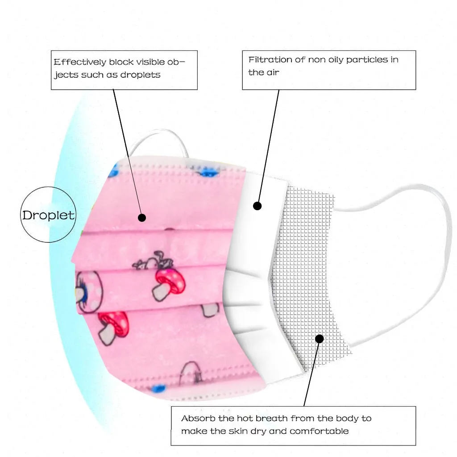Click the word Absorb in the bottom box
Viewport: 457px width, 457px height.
197,418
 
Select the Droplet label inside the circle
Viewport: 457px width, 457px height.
48,215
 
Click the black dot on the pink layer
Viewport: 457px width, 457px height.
142,218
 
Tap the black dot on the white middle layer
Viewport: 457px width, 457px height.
257,206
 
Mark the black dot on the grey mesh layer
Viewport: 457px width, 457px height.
319,339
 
